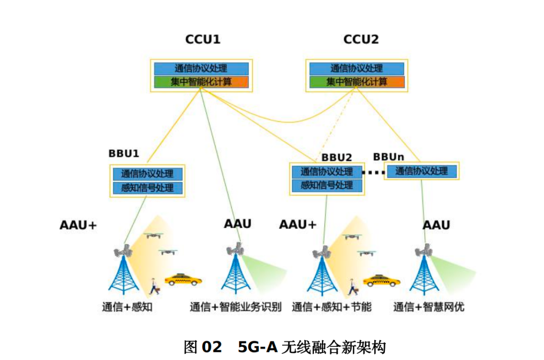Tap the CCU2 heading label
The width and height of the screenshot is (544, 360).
tap(360, 39)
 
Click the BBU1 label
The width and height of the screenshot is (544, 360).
tap(123, 153)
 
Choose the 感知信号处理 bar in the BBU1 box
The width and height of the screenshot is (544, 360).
tap(147, 188)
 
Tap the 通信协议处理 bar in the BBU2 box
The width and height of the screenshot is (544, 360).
tap(326, 172)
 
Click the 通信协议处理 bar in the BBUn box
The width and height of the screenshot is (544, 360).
tap(422, 171)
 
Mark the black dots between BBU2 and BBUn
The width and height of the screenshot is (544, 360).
tap(373, 172)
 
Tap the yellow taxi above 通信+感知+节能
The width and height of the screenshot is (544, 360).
tap(382, 280)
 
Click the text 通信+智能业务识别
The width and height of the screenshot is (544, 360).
tap(235, 307)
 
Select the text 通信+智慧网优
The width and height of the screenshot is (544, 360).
tap(429, 307)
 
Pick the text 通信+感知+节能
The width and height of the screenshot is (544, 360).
tap(331, 307)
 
